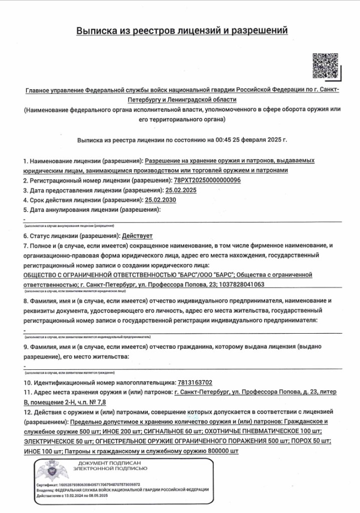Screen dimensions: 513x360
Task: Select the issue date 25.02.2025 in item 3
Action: (x=181, y=190)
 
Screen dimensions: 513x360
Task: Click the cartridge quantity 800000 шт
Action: (x=217, y=451)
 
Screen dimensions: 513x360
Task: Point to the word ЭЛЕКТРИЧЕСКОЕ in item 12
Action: (x=52, y=441)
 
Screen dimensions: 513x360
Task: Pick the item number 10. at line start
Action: (x=28, y=382)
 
